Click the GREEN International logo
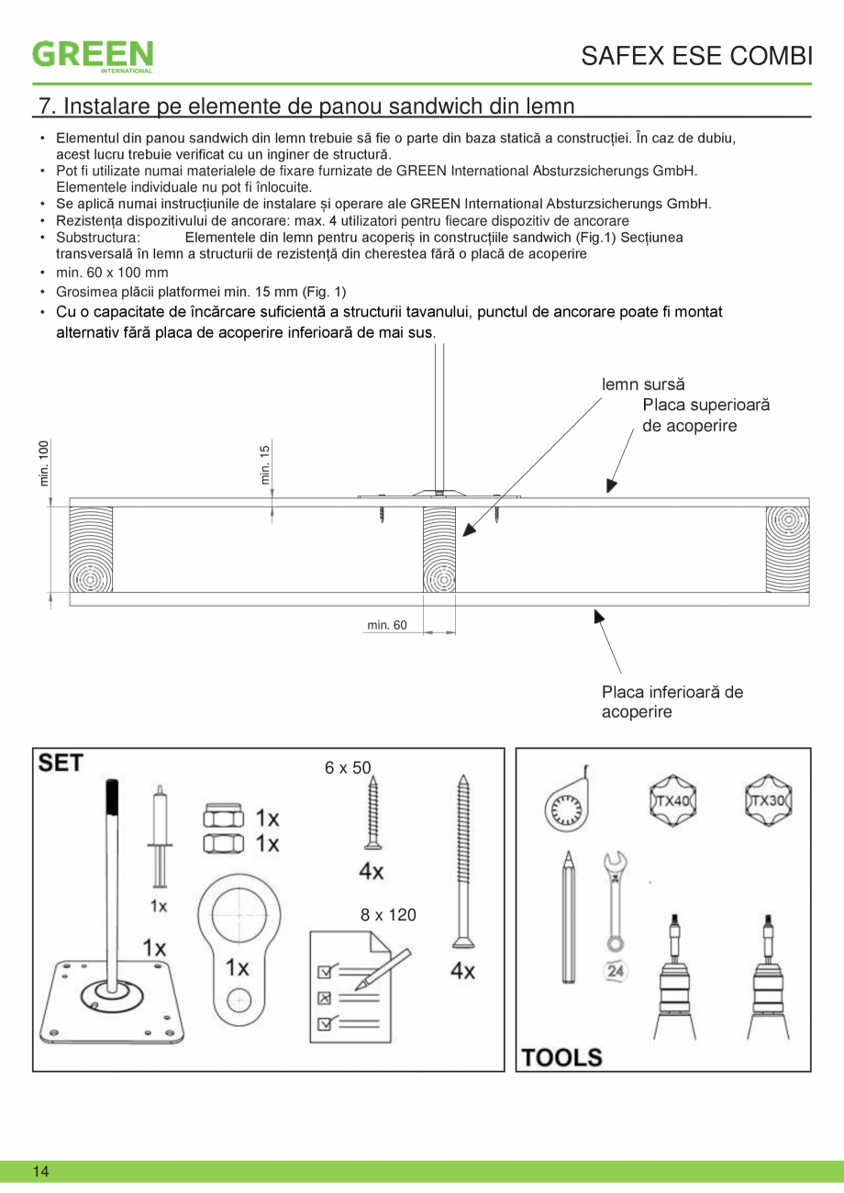pos(93,55)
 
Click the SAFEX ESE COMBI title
pos(696,56)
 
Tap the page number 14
pos(40,1171)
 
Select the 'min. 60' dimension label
pos(387,626)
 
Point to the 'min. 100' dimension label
pos(44,463)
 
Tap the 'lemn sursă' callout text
pos(643,385)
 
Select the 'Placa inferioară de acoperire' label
pos(672,702)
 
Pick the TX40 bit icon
pos(672,800)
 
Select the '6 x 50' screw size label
pos(348,767)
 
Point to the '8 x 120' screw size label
pos(388,915)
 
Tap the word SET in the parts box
pos(61,763)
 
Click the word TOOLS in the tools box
pos(562,1057)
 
